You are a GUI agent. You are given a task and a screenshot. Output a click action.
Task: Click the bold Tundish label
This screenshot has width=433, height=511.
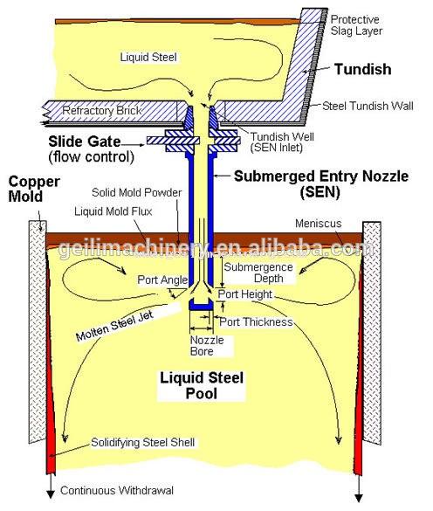362,69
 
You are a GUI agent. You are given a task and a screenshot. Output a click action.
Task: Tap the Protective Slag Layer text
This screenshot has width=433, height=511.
356,25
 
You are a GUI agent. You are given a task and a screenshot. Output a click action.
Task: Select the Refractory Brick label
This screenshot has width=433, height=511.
102,110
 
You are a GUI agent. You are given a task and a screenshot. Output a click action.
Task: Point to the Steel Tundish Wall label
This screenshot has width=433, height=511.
368,106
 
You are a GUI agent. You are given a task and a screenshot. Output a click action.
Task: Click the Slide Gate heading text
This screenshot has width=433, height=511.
85,142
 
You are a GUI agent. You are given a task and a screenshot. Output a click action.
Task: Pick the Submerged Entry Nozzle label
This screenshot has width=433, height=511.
321,183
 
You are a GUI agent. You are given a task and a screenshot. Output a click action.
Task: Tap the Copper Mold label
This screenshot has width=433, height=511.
34,189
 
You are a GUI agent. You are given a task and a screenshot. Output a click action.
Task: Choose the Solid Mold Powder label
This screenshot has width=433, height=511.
136,192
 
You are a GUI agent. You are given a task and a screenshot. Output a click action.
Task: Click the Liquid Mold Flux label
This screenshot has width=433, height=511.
113,211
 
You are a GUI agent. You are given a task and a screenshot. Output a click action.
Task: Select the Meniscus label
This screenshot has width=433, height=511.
319,224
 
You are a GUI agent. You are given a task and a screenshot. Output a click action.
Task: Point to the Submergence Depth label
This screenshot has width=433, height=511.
258,273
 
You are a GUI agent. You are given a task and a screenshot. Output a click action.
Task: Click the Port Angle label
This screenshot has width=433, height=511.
162,280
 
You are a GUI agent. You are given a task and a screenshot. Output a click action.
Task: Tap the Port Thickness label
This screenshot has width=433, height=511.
256,322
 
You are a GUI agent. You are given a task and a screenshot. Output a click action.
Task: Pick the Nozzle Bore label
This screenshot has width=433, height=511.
207,345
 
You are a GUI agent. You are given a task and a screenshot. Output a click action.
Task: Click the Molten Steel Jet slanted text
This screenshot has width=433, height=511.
114,326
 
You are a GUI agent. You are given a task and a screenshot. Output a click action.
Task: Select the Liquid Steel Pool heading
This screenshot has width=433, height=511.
202,385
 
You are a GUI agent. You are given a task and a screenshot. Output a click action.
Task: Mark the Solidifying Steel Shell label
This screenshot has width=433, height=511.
142,442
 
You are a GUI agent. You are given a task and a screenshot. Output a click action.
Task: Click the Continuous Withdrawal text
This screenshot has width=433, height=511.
117,490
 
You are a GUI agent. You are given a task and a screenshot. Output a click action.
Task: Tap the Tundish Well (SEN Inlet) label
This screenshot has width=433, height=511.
282,142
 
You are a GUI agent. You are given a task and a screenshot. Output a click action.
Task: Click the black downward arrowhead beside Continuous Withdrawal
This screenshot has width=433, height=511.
51,494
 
